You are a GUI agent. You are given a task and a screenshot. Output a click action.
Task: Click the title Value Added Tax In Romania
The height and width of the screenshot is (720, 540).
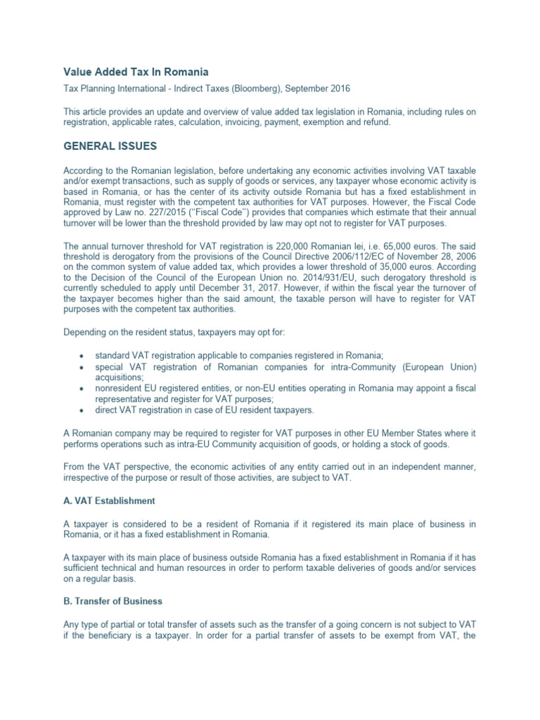coord(136,72)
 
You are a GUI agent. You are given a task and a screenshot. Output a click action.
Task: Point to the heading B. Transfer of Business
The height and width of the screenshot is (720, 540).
coord(112,601)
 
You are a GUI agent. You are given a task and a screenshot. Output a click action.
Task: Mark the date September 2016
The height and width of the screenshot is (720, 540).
coord(315,89)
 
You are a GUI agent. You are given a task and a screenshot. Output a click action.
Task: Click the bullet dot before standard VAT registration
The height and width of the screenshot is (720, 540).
coord(84,355)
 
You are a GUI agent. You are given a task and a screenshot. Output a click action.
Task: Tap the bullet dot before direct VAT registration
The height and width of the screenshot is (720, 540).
coord(84,410)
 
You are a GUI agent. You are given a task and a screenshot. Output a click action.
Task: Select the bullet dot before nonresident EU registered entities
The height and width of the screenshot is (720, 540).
coord(84,388)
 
